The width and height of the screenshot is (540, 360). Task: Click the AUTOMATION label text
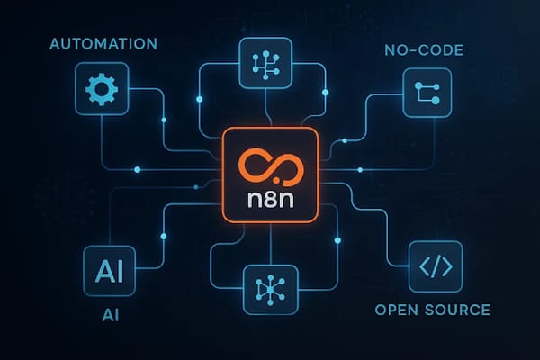pyautogui.click(x=104, y=43)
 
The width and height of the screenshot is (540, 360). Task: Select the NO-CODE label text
pyautogui.click(x=422, y=51)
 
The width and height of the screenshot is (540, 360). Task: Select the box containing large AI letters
pyautogui.click(x=103, y=268)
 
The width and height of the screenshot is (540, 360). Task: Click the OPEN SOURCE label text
pyautogui.click(x=433, y=310)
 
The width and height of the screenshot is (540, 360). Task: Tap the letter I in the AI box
pyautogui.click(x=114, y=268)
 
